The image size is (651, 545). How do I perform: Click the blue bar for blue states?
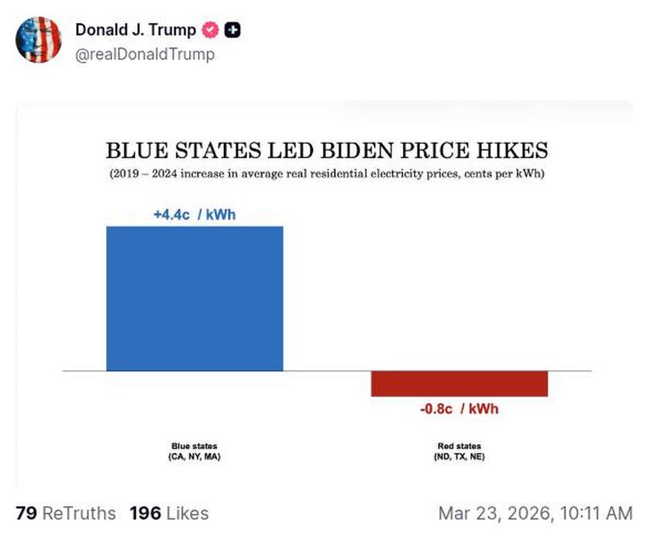point(195,298)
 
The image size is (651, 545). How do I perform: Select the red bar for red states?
point(460,384)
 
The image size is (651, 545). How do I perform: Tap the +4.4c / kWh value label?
point(194,214)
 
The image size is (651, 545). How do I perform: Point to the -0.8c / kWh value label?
point(460,409)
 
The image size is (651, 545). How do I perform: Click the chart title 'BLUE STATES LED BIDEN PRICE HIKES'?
point(326,149)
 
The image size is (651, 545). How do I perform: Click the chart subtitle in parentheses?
point(326,173)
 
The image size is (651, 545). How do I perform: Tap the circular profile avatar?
point(39,39)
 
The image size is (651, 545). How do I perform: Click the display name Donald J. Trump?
point(135,30)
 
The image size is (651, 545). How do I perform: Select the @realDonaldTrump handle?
point(144,54)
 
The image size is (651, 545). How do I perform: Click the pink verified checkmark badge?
point(210,30)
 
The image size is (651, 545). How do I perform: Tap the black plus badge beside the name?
point(232,30)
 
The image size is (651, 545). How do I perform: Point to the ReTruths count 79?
point(26,513)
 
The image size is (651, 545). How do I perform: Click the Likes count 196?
point(143,513)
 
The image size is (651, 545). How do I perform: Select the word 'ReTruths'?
point(80,513)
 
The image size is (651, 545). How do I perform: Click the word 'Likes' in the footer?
point(185,513)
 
